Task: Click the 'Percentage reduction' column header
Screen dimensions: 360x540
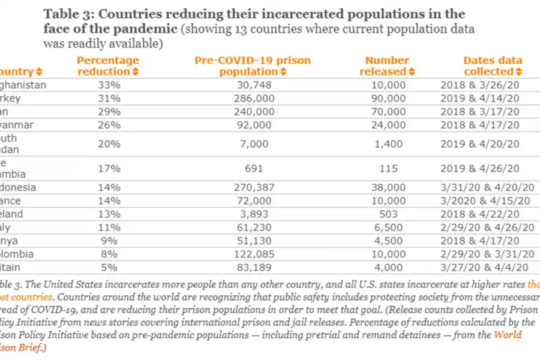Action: point(108,65)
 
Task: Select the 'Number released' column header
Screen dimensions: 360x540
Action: point(387,65)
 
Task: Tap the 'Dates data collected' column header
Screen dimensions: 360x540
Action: point(493,65)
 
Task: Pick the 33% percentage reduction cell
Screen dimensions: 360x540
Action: point(109,85)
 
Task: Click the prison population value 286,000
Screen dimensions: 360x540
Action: point(255,98)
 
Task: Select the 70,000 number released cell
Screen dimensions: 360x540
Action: point(387,111)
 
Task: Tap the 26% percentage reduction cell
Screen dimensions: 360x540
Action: point(109,124)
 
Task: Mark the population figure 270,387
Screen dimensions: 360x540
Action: point(255,187)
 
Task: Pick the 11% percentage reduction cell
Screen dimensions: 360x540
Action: point(109,227)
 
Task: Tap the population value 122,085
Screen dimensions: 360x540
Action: point(255,253)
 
